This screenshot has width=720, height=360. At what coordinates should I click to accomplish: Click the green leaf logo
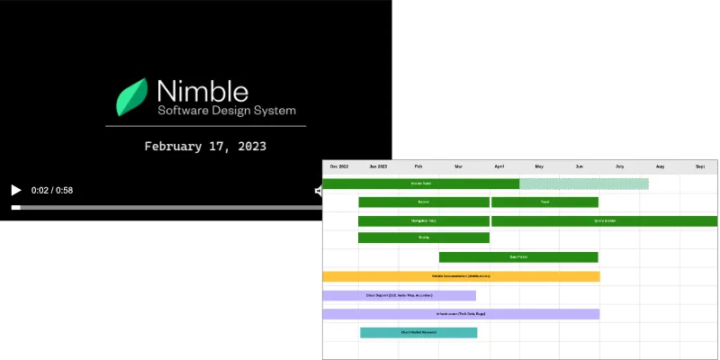133,97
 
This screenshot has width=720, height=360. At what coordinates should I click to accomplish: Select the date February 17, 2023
205,146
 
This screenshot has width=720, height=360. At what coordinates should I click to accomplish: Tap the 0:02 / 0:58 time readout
52,190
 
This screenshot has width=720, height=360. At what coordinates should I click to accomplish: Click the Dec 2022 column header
339,166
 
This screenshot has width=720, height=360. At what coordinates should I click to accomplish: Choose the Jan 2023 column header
378,166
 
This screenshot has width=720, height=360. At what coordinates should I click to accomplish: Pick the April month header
499,166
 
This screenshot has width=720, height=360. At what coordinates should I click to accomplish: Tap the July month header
620,166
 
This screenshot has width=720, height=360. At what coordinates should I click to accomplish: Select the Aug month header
660,166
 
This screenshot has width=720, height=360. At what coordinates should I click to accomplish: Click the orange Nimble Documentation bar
461,276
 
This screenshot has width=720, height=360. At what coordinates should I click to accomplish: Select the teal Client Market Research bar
418,332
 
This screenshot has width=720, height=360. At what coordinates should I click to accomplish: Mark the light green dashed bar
584,184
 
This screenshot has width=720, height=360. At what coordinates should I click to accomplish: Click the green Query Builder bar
605,220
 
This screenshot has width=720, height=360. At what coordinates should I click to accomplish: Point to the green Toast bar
544,202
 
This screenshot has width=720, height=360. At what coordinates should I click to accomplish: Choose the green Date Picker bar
518,257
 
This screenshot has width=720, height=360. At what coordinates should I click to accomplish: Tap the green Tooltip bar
424,238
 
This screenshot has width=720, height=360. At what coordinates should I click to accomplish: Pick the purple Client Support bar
399,295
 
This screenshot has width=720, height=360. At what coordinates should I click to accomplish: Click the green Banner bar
424,202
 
